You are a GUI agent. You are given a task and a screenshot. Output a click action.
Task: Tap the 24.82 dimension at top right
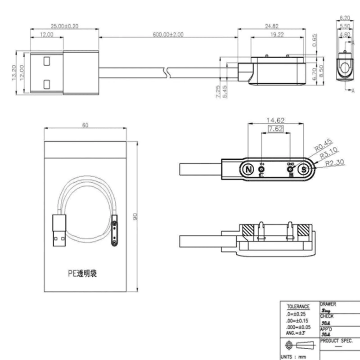coord(271,27)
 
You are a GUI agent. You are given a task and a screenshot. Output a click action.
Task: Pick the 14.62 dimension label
coord(275,121)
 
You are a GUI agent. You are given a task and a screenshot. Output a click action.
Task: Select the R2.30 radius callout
coord(334,162)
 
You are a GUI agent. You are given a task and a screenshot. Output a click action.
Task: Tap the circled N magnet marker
coord(248,170)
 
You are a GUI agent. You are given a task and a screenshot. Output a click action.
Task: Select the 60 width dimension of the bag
coord(85,126)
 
